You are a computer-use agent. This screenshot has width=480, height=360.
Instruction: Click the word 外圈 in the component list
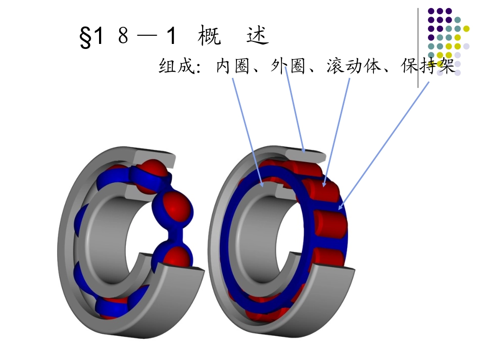(288, 66)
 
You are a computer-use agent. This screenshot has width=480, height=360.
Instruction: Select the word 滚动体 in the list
(353, 66)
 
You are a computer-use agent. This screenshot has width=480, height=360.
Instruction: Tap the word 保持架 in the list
(428, 66)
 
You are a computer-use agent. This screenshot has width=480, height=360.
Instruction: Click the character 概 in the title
(209, 35)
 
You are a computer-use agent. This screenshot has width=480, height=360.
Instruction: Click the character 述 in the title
(258, 35)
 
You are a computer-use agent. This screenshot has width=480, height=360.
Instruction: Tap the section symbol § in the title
(85, 37)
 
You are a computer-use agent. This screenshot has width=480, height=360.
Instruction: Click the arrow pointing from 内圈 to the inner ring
(248, 132)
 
